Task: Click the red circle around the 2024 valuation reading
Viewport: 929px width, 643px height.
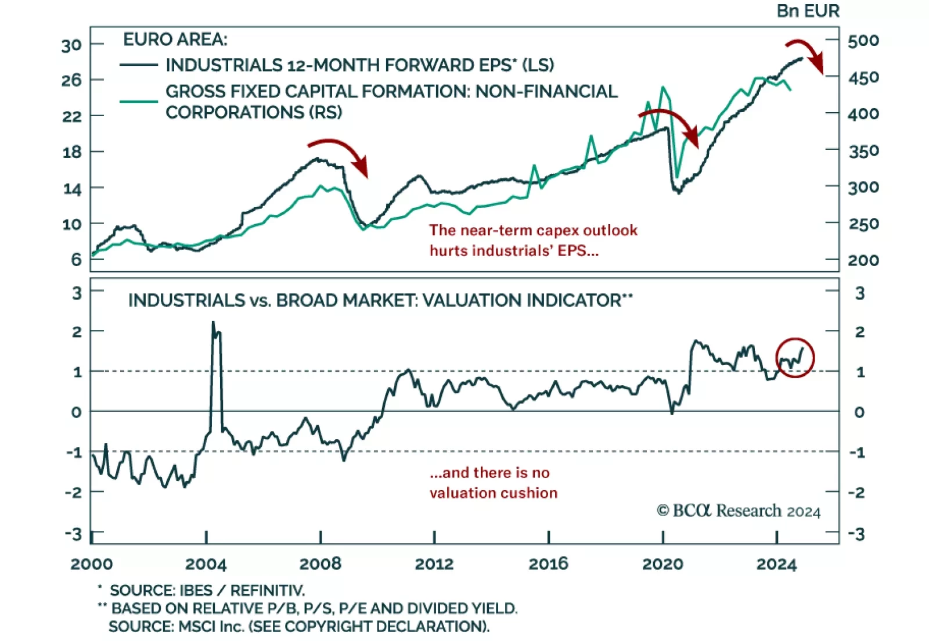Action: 795,358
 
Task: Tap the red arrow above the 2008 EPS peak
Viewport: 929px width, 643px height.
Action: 340,154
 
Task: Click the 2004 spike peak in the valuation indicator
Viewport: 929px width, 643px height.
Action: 213,322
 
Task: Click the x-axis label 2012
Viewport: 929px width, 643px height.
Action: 434,564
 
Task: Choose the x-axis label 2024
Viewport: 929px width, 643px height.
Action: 776,564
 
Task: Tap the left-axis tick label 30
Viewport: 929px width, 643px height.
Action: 72,45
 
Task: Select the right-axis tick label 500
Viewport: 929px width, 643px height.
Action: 863,41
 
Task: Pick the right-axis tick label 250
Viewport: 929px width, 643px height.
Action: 863,224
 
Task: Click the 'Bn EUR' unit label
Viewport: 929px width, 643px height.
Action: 808,11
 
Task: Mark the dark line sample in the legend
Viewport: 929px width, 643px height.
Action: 139,65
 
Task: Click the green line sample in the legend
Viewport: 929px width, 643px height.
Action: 139,101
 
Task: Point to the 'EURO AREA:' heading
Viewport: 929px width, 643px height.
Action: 175,39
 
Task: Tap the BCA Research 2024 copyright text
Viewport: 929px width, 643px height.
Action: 739,511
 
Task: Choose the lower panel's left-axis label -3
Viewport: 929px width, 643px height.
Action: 73,533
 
